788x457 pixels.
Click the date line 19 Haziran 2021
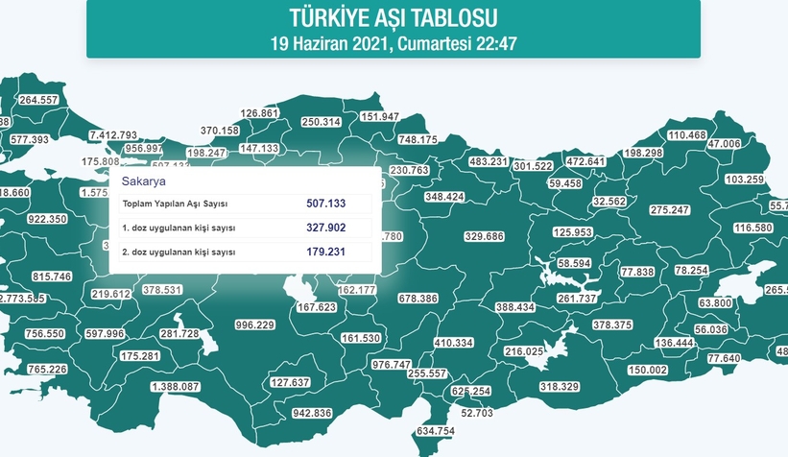point(394,43)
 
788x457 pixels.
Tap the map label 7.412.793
point(112,134)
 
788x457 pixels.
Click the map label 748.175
point(418,140)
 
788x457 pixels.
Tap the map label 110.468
point(687,135)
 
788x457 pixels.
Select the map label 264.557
point(39,100)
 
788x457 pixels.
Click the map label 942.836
point(311,413)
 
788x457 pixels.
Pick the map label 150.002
point(646,371)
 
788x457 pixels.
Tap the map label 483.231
point(488,162)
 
